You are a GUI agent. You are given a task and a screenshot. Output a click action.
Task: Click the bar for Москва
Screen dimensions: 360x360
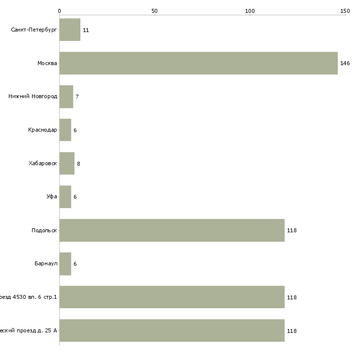(x=198, y=63)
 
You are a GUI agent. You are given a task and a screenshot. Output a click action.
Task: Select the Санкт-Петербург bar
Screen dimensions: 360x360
(x=70, y=30)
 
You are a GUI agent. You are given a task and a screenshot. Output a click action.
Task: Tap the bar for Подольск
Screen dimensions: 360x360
(x=172, y=230)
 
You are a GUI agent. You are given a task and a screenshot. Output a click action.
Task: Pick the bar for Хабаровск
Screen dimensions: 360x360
(x=67, y=163)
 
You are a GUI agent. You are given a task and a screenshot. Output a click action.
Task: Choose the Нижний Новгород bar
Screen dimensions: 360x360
(x=66, y=97)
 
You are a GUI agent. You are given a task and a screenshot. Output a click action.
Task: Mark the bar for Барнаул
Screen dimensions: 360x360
(x=65, y=264)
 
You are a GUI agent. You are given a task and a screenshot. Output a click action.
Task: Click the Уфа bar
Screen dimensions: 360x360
(x=65, y=197)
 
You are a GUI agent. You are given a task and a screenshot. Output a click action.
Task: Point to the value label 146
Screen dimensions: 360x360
(x=345, y=64)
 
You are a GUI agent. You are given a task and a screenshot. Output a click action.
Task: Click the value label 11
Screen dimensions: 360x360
(x=86, y=31)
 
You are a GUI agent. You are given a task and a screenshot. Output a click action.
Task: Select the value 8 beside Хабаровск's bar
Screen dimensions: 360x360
(x=78, y=164)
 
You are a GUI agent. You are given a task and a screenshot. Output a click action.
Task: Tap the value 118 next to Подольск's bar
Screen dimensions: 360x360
(x=291, y=231)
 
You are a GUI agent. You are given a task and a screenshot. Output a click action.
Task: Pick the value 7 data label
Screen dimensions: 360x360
(x=77, y=97)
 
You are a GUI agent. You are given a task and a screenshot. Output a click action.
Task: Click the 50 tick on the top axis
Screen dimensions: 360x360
(x=154, y=11)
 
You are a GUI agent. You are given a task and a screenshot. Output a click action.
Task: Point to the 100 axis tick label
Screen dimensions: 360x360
(x=250, y=11)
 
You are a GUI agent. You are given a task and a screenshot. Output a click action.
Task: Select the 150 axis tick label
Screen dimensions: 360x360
(x=345, y=11)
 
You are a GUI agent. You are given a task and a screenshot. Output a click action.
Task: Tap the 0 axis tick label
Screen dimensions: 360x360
(x=59, y=11)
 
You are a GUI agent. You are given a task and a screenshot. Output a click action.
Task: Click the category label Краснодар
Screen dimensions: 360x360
(x=42, y=130)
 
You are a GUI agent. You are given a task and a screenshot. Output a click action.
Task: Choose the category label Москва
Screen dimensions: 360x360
(x=47, y=63)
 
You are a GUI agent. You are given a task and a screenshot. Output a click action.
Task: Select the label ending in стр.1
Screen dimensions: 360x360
(x=29, y=297)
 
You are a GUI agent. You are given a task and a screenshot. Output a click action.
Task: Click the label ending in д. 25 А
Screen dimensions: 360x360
(x=29, y=331)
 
